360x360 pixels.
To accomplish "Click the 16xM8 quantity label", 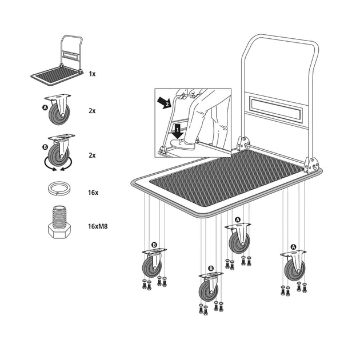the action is coord(98,226).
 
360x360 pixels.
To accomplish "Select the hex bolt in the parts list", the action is coord(59,222).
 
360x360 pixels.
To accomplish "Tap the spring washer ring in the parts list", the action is coord(59,189).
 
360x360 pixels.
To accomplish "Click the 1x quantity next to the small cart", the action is coord(92,74).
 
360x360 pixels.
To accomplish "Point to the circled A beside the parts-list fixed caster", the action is coord(45,107).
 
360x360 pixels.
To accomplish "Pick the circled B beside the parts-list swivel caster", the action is coord(45,147).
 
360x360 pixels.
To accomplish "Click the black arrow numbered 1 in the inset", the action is coord(178,131).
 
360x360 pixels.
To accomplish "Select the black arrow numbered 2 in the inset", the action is coord(165,103).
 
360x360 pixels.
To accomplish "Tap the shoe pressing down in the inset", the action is coord(182,144).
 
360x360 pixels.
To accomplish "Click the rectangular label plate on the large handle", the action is coord(275,108).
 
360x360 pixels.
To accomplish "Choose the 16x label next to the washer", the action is coord(93,193).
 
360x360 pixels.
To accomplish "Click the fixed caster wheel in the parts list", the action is coord(58,110).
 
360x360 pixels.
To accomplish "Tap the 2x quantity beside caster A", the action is coord(92,111).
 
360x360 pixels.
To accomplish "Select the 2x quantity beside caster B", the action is coord(92,155).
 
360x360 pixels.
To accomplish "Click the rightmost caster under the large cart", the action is coord(294,266).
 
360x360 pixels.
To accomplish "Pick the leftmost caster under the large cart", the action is coord(153,263).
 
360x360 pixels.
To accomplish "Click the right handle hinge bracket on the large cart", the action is coord(310,165).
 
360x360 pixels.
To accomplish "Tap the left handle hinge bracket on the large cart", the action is coord(243,143).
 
